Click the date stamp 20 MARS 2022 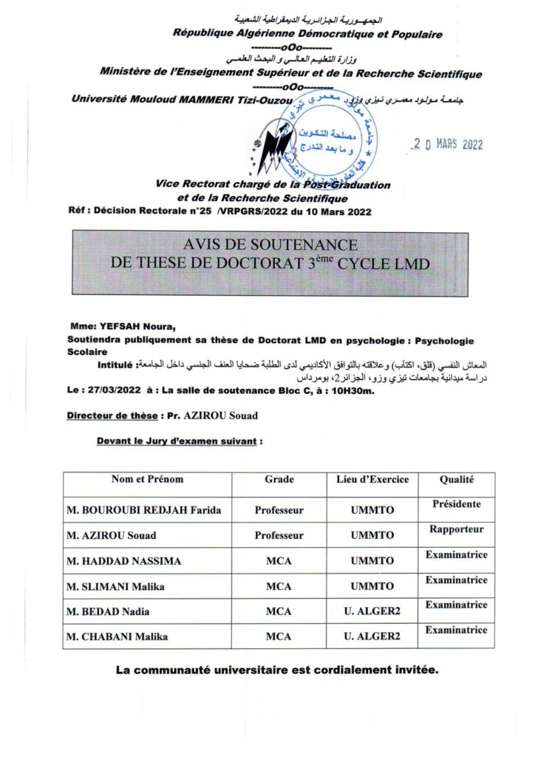448,144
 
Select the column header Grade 279,479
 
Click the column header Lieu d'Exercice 372,479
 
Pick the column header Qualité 456,479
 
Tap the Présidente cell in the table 456,504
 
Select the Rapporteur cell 456,529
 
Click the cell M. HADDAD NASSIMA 123,561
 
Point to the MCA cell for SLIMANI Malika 279,586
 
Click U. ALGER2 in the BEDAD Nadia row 372,611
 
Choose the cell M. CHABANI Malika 116,637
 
